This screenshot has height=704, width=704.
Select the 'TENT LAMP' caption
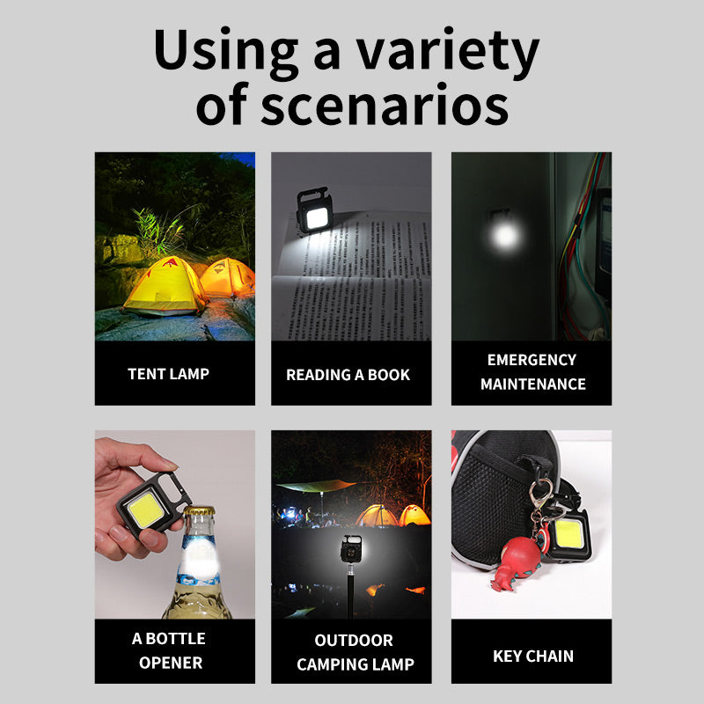168,373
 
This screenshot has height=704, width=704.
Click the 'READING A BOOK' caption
348,375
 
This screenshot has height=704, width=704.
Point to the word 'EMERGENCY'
532,360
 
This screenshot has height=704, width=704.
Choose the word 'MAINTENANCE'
532,384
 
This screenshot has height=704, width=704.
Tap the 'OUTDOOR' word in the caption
354,641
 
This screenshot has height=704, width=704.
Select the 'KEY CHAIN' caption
532,656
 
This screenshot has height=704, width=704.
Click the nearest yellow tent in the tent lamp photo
165,286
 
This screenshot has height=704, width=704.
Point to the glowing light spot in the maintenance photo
502,235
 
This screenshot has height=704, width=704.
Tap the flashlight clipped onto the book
313,211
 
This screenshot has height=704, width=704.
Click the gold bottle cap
198,512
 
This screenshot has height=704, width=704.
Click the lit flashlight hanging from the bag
567,535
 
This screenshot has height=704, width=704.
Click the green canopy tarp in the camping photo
314,485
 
